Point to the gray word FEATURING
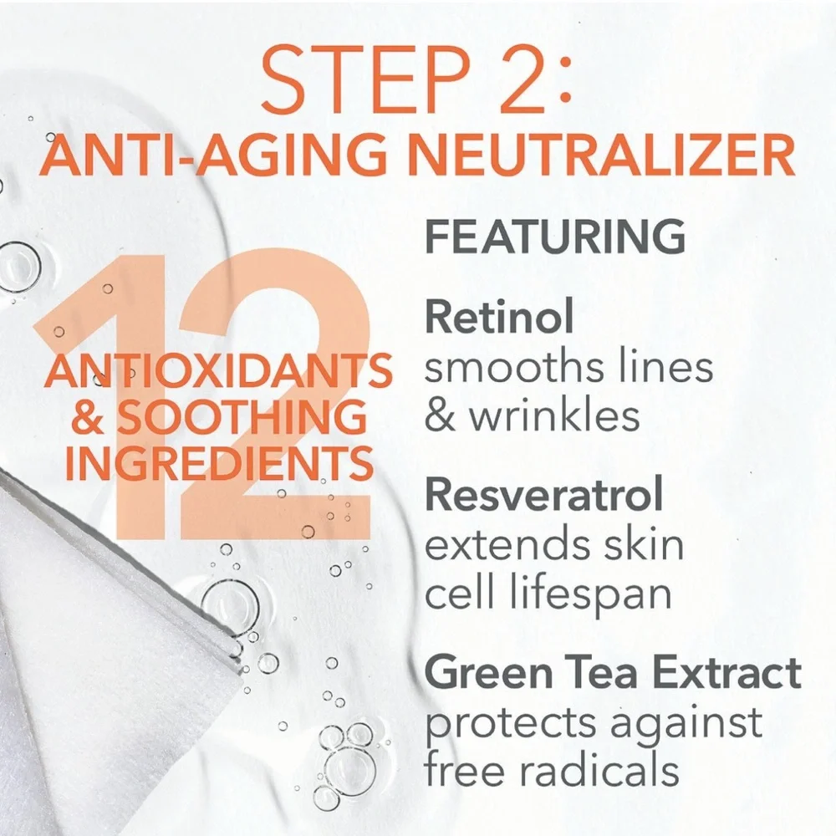[554, 237]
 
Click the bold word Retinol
[499, 318]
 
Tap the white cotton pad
[92, 669]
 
